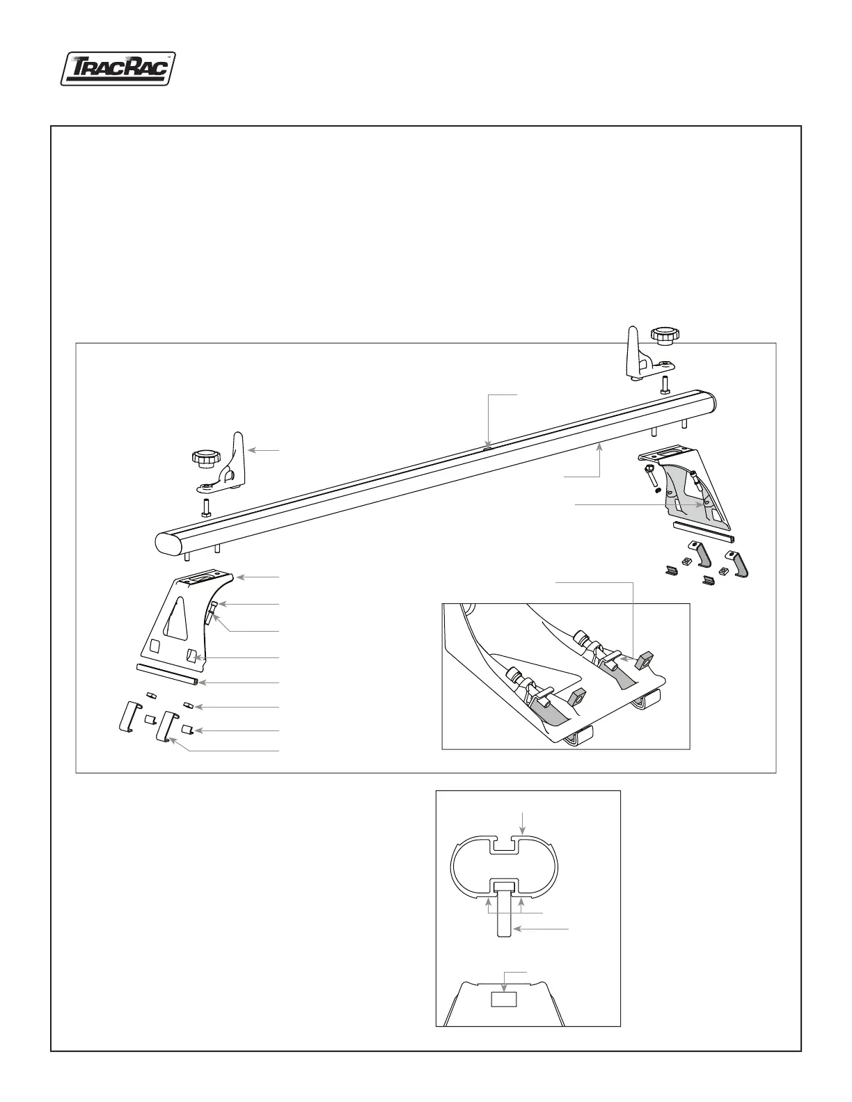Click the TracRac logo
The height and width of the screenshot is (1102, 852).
click(x=117, y=70)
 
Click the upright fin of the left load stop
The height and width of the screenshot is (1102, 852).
click(x=238, y=456)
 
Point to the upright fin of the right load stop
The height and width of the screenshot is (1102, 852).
click(x=635, y=351)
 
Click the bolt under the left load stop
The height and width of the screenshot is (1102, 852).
click(x=207, y=506)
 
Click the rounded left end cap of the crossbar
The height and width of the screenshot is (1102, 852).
click(x=166, y=544)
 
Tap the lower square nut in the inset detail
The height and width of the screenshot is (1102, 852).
click(x=576, y=696)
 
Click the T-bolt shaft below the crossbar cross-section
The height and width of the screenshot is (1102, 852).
click(x=505, y=916)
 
